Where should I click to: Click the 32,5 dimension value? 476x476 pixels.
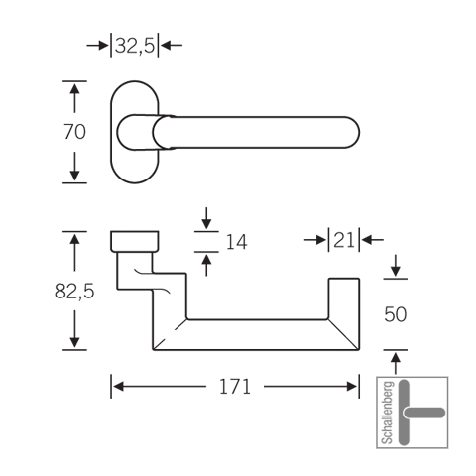point(135,46)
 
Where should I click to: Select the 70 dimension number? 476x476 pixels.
point(74,132)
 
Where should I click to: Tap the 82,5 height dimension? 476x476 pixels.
point(74,292)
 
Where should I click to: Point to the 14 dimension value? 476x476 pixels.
point(236,242)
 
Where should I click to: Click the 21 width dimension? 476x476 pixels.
point(344,240)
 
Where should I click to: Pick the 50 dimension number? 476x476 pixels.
point(396,314)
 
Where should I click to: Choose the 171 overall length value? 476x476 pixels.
point(235,387)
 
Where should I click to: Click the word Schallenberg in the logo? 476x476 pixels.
point(388,413)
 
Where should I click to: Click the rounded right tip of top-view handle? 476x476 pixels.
point(359,132)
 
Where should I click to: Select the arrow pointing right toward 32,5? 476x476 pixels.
point(97,46)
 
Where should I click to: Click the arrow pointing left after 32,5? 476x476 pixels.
point(172,45)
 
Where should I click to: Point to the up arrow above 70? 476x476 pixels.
point(74,98)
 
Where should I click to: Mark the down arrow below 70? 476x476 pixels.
point(74,167)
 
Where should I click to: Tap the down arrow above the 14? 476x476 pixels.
point(206,218)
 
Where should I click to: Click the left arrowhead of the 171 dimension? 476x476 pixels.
point(118,386)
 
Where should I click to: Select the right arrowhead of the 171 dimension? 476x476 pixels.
point(352,386)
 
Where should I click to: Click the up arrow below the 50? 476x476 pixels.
point(396,363)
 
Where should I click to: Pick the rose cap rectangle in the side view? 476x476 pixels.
point(135,241)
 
